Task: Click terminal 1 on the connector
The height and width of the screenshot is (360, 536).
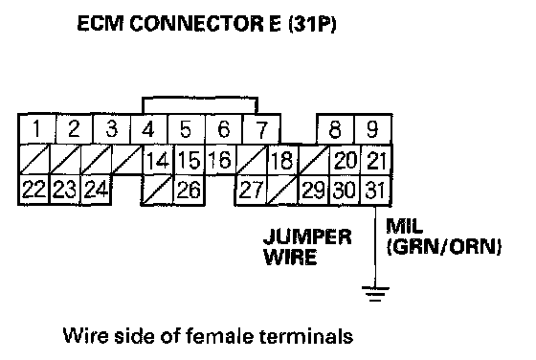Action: (x=36, y=129)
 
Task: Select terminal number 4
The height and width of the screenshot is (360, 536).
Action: (x=148, y=129)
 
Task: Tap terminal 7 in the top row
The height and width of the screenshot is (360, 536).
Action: (x=261, y=129)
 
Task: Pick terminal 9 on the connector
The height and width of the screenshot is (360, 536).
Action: (x=373, y=129)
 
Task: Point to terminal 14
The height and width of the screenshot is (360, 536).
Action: (x=158, y=160)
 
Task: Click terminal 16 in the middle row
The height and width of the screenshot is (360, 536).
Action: (x=220, y=160)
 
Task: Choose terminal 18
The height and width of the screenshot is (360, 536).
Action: (x=282, y=160)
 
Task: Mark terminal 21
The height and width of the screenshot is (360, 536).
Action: (x=376, y=160)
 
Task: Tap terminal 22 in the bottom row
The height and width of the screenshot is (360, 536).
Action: (x=33, y=190)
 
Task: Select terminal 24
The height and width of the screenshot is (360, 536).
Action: (x=97, y=190)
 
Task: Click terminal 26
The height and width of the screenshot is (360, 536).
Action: (x=190, y=190)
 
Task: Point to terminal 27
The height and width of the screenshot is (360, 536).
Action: (x=251, y=190)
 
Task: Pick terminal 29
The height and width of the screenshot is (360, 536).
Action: (x=314, y=190)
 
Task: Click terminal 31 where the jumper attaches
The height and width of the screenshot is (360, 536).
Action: (x=376, y=190)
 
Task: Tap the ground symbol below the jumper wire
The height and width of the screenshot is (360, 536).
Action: (x=375, y=294)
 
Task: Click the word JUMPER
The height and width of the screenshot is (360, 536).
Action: (x=307, y=236)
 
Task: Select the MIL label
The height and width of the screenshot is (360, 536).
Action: (x=404, y=226)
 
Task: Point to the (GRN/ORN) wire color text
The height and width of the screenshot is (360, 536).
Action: (x=444, y=246)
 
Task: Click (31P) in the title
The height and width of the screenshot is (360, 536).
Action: (x=312, y=24)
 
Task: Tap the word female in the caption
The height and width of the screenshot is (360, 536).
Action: (x=219, y=336)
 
